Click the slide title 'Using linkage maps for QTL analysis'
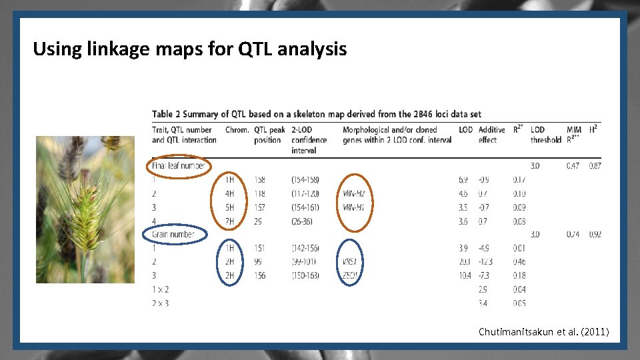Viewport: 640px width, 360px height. click(x=189, y=49)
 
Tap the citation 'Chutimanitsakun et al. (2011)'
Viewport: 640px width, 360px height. click(x=543, y=331)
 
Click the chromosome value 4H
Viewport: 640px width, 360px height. click(x=230, y=193)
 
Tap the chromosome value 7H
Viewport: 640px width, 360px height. click(x=230, y=221)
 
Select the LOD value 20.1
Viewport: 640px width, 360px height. click(x=465, y=261)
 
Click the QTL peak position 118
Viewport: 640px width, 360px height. click(x=260, y=193)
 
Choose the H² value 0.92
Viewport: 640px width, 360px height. click(x=595, y=235)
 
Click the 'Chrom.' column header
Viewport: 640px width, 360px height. click(x=237, y=130)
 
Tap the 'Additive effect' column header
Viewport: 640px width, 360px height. click(x=492, y=135)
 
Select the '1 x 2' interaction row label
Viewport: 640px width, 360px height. click(x=161, y=289)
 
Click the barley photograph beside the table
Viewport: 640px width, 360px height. click(x=85, y=209)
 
